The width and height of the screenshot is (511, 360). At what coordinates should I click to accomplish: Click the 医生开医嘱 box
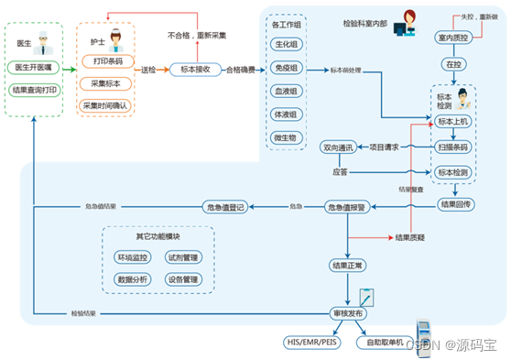coord(34,68)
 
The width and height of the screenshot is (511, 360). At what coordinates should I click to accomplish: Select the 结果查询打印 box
coord(34,91)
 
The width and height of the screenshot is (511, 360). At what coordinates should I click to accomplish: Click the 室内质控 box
coord(453,38)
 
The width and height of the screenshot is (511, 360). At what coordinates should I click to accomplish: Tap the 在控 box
coord(453,66)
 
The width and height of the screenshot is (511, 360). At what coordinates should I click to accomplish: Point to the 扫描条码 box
coord(453,147)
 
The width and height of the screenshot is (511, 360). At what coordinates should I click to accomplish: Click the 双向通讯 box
coord(336,147)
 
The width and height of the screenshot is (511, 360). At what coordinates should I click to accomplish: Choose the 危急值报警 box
coord(347,208)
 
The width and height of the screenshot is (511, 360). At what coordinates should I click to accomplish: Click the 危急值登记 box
coord(225,208)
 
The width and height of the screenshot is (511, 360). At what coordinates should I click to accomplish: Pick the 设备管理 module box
coord(183,278)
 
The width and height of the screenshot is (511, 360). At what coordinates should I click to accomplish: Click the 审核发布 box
coord(347,313)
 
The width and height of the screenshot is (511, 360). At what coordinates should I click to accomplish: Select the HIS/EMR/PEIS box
coord(310,342)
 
